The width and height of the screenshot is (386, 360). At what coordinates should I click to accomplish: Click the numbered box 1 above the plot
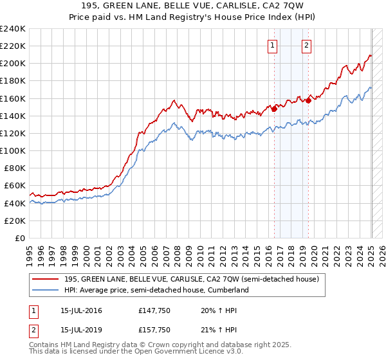tap(273, 45)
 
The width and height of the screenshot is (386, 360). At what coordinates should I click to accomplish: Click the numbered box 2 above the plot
tap(306, 45)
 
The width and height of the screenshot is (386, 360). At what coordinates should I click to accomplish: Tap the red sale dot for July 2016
tap(274, 109)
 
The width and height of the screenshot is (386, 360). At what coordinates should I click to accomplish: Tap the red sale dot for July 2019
tap(308, 100)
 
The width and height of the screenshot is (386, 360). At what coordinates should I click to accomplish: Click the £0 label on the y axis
tap(19, 238)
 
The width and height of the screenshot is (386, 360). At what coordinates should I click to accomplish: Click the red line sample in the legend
tap(45, 279)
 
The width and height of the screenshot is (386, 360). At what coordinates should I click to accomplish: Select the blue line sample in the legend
tap(45, 290)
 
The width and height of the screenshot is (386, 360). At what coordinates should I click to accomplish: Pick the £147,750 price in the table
tap(153, 310)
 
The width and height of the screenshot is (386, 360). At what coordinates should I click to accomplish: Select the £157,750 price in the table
tap(153, 330)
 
